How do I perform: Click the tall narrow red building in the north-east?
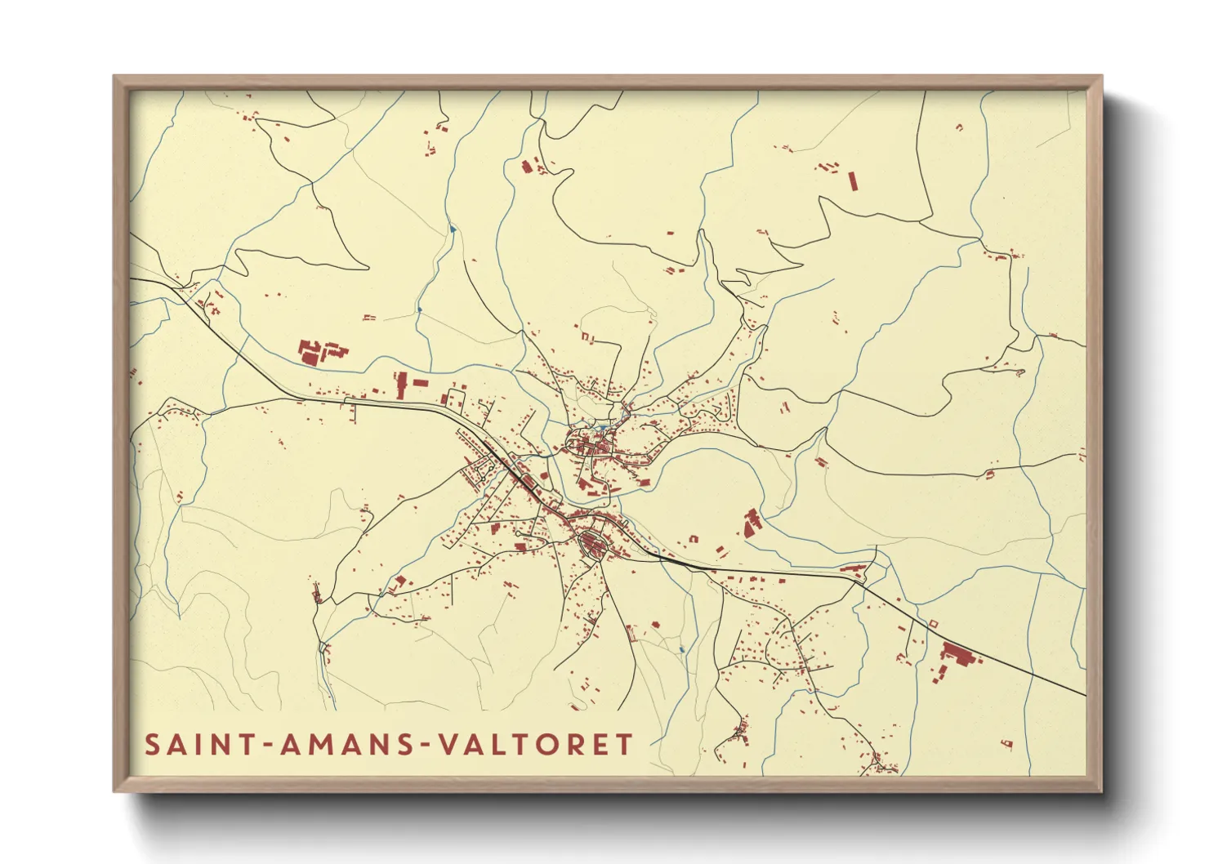pos(852,180)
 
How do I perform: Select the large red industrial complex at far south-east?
pos(957,655)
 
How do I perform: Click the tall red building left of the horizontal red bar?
pos(401,385)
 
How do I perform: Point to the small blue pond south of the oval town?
pos(681,649)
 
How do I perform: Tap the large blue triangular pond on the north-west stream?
pos(452,229)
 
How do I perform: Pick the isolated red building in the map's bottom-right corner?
pos(1006,743)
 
